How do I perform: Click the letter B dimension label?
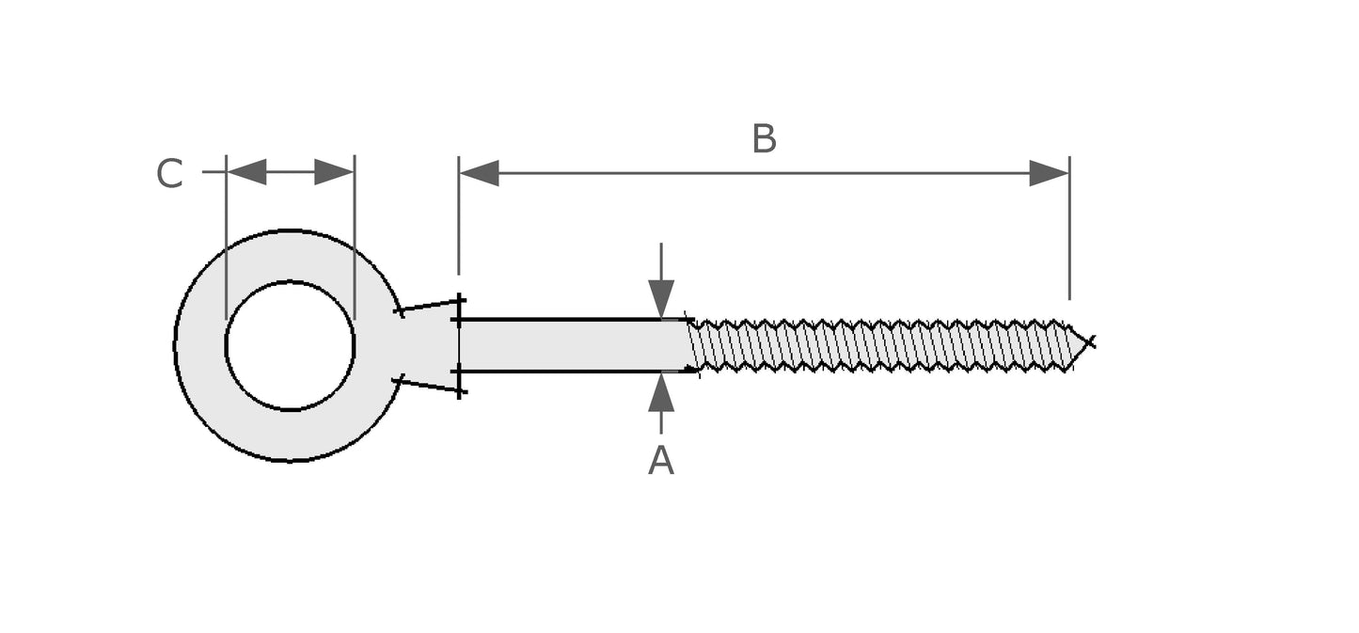pyautogui.click(x=764, y=140)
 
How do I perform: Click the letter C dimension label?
pyautogui.click(x=169, y=175)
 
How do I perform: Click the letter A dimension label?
pyautogui.click(x=661, y=461)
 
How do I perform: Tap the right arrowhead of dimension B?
pyautogui.click(x=1049, y=173)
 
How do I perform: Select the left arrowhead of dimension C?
pyautogui.click(x=247, y=172)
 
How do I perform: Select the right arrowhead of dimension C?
pyautogui.click(x=333, y=172)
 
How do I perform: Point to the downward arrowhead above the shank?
pyautogui.click(x=661, y=299)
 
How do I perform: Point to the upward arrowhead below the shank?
pyautogui.click(x=661, y=392)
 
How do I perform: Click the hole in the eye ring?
pyautogui.click(x=290, y=346)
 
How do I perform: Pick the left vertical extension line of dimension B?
pyautogui.click(x=459, y=226)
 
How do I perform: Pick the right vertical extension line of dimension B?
pyautogui.click(x=1069, y=235)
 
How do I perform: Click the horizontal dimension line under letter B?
pyautogui.click(x=764, y=173)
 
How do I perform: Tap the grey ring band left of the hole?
pyautogui.click(x=200, y=346)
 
